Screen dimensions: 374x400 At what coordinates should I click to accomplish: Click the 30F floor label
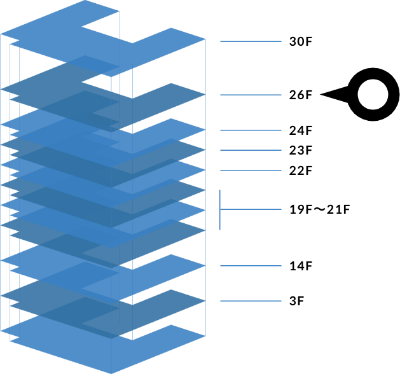tap(300, 42)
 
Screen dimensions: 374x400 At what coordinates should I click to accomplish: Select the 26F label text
tap(300, 95)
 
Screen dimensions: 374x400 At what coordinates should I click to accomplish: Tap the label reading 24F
tap(300, 131)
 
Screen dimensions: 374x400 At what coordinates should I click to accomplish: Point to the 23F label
tap(300, 151)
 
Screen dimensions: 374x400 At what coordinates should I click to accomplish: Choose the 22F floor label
tap(300, 170)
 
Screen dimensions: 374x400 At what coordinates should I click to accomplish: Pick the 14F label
tap(300, 266)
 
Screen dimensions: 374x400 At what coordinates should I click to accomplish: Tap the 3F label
tap(296, 301)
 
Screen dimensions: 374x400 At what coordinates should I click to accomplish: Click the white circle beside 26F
tap(372, 95)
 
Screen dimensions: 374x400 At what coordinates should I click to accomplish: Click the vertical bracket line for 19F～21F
tap(220, 210)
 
